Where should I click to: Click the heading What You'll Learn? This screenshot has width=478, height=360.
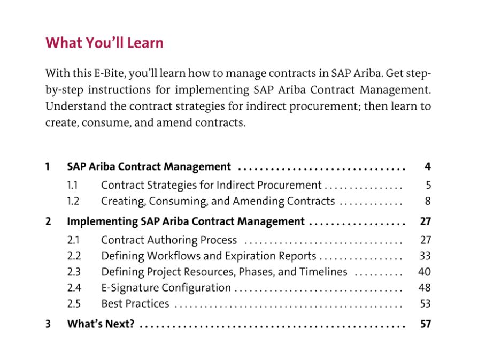tap(105, 43)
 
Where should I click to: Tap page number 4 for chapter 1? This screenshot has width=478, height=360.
tap(427, 166)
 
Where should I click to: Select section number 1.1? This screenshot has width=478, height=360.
tap(72, 185)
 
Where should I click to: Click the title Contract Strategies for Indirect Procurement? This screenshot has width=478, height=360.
tap(211, 185)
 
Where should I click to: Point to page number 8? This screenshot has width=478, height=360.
tap(428, 201)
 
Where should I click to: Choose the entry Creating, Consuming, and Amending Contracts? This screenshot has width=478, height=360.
tap(218, 201)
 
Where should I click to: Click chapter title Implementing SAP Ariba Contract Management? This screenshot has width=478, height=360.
tap(186, 221)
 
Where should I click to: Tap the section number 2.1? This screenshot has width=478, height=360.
tap(73, 240)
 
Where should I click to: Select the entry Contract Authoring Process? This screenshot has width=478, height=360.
tap(169, 240)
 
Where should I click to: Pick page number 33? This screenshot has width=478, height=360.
tap(425, 256)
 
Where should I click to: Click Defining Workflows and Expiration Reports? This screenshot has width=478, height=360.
tap(209, 256)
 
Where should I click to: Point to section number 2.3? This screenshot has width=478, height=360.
tap(74, 272)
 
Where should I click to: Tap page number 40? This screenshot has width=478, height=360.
tap(425, 272)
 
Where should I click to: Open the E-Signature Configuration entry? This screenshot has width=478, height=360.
tap(166, 288)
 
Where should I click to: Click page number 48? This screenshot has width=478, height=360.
tap(425, 288)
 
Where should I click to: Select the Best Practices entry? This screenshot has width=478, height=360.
tap(135, 303)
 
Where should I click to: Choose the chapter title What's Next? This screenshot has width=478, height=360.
tap(101, 324)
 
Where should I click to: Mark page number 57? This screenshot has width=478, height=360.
tap(426, 324)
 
